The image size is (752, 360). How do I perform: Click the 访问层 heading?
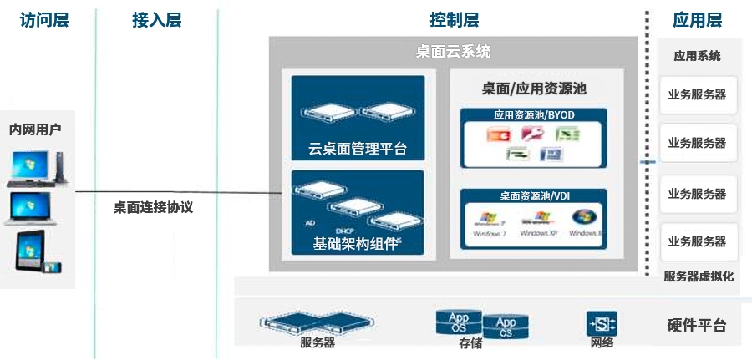[x=43, y=20]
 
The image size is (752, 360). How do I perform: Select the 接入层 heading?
[x=156, y=20]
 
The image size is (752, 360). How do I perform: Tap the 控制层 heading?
[x=454, y=20]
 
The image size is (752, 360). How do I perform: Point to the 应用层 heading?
[x=697, y=20]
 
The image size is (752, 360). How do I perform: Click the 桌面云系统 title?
[x=453, y=52]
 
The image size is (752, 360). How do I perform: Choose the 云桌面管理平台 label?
[x=358, y=150]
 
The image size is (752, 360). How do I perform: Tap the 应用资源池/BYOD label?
[x=534, y=114]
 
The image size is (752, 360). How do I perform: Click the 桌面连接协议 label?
[x=153, y=207]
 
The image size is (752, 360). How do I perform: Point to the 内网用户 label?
[x=35, y=129]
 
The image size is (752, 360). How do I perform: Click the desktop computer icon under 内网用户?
[x=37, y=167]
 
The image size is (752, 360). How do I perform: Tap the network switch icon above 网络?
[x=602, y=323]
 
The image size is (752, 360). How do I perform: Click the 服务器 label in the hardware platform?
[x=318, y=342]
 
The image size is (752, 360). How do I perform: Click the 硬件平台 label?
[x=697, y=326]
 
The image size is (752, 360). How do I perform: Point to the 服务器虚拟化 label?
[x=699, y=276]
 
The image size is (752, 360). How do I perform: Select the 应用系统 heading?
[x=697, y=57]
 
